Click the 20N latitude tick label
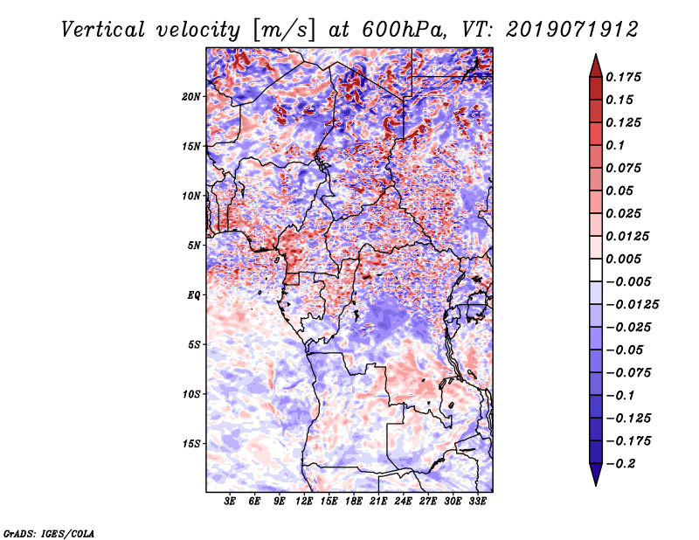tap(191, 96)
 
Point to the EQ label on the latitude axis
tap(193, 295)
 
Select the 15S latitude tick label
tap(191, 444)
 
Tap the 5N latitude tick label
tap(193, 246)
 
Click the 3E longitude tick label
tap(231, 502)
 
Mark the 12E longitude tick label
tap(305, 502)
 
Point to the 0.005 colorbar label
tap(626, 259)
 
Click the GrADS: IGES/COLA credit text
tap(48, 532)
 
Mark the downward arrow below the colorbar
tap(594, 476)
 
